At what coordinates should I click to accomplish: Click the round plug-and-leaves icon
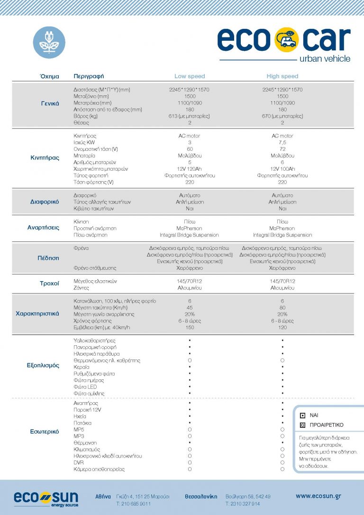49,42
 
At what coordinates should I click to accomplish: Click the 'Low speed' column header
190,76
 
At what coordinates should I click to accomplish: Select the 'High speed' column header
282,76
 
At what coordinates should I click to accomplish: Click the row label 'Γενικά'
50,103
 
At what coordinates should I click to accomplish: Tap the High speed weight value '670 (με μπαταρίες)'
282,116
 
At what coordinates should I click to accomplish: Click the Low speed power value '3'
190,143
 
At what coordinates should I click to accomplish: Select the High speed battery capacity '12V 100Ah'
282,169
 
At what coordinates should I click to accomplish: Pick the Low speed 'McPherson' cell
190,228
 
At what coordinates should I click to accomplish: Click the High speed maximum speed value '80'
282,308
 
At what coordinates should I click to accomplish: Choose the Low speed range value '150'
190,328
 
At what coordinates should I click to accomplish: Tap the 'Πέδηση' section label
48,258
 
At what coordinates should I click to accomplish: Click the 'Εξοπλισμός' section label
43,366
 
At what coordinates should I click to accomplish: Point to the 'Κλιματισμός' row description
87,449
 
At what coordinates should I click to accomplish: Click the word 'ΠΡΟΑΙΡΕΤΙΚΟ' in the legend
327,425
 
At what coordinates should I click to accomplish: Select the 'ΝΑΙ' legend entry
314,415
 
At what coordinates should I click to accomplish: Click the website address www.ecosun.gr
318,496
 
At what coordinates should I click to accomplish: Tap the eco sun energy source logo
45,498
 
